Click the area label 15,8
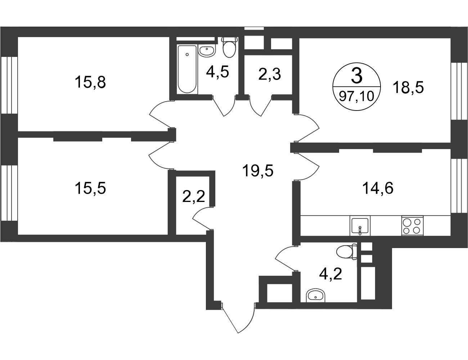[x=90, y=82]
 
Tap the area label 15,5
[x=90, y=188]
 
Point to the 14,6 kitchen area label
[x=378, y=188]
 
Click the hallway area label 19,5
[x=258, y=171]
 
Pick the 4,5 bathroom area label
[x=217, y=72]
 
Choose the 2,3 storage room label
[x=270, y=74]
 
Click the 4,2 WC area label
[x=330, y=274]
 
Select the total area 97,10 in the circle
[x=357, y=96]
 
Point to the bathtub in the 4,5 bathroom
[x=187, y=69]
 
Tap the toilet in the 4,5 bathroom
[x=230, y=47]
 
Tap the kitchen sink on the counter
[x=360, y=226]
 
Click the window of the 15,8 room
[x=9, y=85]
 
